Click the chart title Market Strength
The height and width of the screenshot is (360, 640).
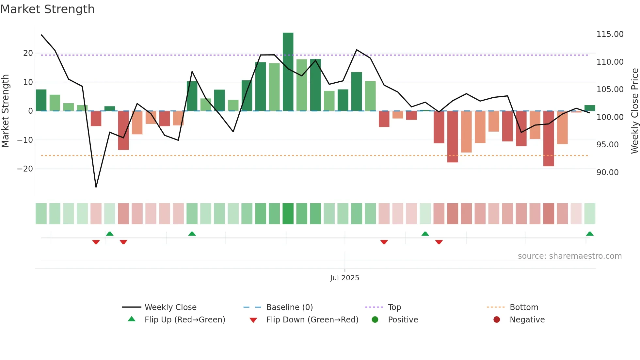click(47, 9)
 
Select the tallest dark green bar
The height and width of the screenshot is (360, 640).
click(288, 72)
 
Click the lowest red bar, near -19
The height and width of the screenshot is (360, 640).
click(549, 139)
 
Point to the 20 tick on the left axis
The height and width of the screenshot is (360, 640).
click(28, 53)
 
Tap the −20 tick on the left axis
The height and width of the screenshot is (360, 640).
click(25, 169)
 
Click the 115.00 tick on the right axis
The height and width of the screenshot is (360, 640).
click(610, 34)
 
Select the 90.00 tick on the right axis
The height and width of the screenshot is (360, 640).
click(607, 172)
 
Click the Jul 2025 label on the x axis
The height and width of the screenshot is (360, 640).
click(344, 278)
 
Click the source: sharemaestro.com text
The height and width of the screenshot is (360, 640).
click(569, 256)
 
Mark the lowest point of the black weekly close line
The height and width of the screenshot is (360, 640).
click(96, 187)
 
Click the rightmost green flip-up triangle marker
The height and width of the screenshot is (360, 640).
click(590, 234)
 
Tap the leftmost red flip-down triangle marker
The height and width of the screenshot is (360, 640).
click(96, 242)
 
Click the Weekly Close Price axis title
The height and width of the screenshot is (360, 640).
click(634, 111)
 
